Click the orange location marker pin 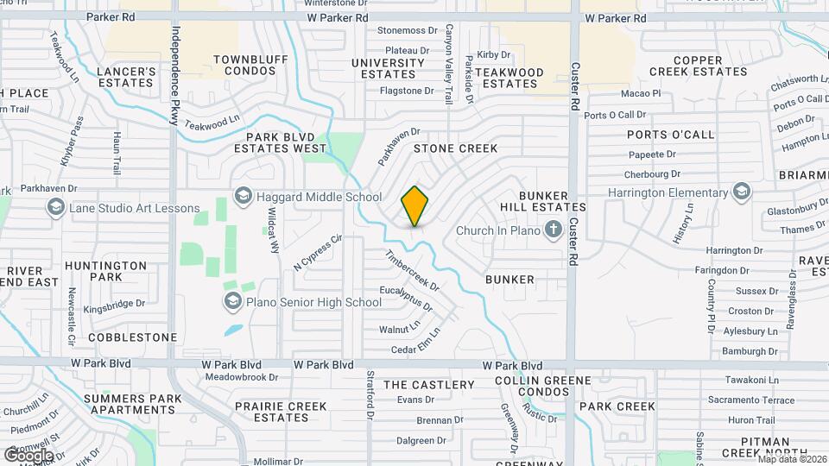point(415,206)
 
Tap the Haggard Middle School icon point(243,197)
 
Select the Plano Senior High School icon point(232,301)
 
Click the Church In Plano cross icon point(554,230)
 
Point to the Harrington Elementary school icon point(741,192)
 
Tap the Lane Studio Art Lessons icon point(56,208)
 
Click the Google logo point(28,455)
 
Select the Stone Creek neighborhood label point(455,148)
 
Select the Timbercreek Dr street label point(413,271)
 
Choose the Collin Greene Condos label point(543,386)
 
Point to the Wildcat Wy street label point(274,230)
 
